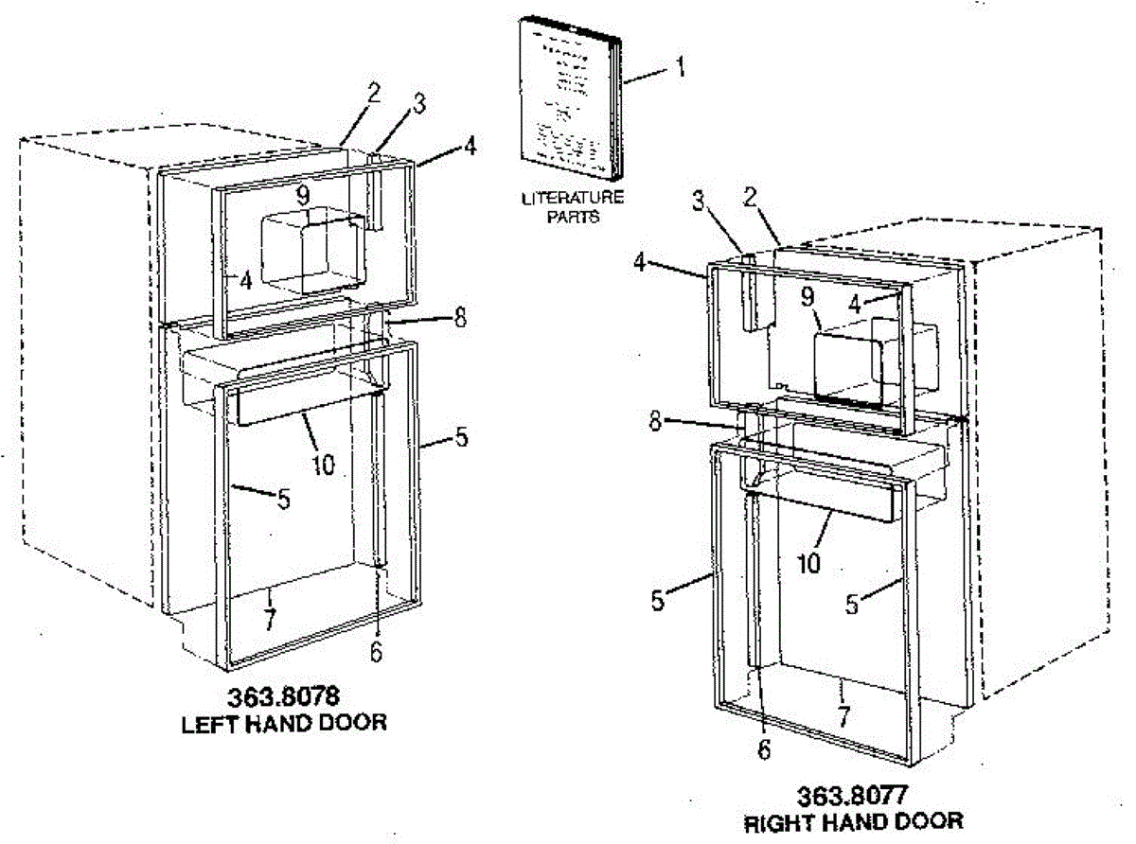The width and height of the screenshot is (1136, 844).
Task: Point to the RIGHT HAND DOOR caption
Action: click(x=854, y=820)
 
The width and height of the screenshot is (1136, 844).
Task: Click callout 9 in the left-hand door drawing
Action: click(x=302, y=197)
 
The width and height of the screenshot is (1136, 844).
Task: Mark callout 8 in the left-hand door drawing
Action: click(x=459, y=318)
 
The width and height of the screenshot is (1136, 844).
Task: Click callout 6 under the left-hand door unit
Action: click(x=376, y=652)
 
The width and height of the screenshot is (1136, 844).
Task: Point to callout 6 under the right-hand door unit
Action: click(x=763, y=747)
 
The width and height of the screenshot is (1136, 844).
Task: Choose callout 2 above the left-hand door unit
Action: click(x=375, y=92)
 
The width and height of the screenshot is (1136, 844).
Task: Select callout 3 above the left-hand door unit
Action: click(x=417, y=110)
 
